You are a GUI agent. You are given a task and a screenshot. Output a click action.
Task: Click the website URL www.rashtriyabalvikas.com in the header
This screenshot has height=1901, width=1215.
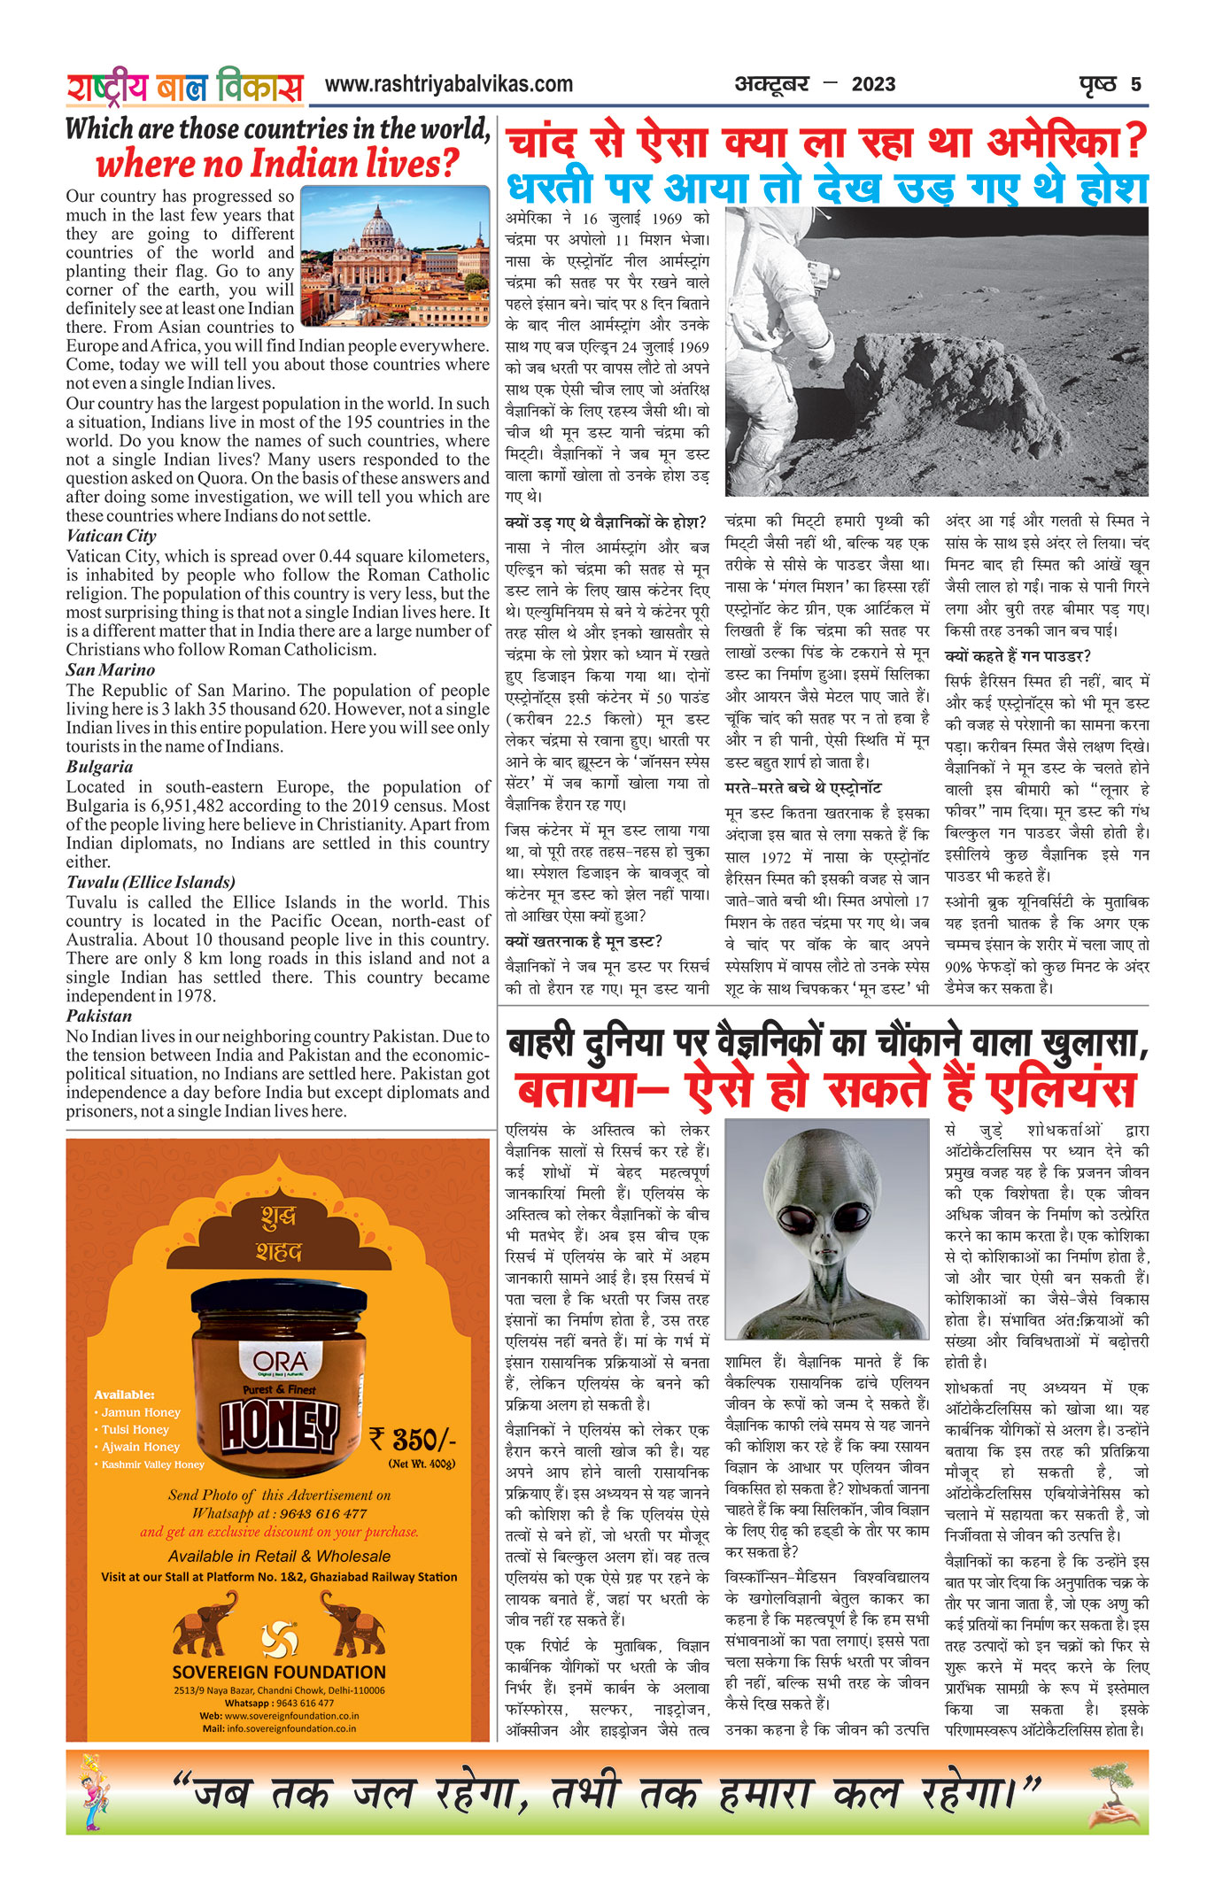(x=448, y=85)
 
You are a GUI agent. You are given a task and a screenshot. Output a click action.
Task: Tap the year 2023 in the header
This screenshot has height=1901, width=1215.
(x=873, y=85)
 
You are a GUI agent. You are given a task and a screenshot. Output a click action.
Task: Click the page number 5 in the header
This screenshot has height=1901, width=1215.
(x=1135, y=85)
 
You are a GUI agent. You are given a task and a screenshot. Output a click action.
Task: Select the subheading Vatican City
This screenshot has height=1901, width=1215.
(x=111, y=536)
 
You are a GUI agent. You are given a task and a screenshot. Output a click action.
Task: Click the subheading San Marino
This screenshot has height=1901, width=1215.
(x=110, y=670)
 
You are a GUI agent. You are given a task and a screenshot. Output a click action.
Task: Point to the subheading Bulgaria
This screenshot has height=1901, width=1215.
(x=99, y=767)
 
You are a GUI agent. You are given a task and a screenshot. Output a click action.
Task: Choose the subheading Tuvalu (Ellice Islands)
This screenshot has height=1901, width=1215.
(x=151, y=882)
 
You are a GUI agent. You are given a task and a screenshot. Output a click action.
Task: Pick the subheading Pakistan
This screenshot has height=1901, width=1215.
(x=98, y=1016)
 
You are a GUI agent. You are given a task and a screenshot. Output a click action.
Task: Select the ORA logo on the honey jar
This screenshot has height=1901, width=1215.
(x=280, y=1361)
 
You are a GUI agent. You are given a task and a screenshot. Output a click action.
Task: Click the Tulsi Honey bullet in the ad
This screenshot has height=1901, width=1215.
(x=135, y=1429)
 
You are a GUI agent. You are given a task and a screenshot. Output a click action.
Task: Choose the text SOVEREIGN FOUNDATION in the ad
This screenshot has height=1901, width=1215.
(x=279, y=1672)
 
